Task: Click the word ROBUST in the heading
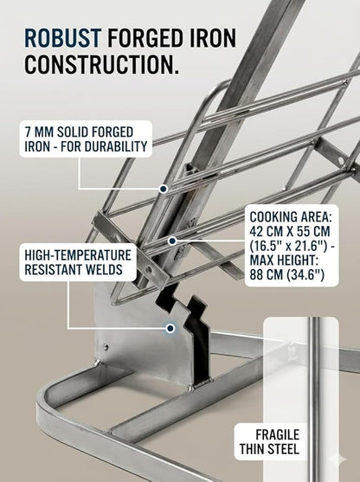tap(62, 38)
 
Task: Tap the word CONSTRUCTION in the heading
tap(101, 64)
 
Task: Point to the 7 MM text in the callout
tap(39, 132)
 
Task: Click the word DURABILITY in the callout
tap(117, 146)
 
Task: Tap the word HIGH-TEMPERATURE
tap(78, 255)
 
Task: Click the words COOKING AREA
tap(291, 217)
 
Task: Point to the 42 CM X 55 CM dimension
tap(290, 231)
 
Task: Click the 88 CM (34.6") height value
tap(286, 274)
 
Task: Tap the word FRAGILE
tap(277, 434)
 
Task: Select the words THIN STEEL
tap(269, 449)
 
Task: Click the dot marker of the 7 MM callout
tap(164, 189)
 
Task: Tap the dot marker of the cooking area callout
tap(172, 241)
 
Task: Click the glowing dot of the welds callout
tap(170, 328)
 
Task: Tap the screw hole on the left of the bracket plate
tap(106, 347)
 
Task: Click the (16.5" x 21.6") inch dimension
tap(292, 246)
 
